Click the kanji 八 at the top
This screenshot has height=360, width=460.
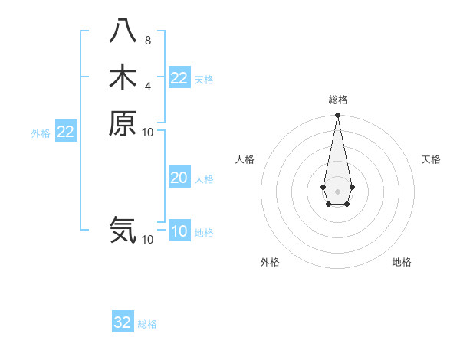pyautogui.click(x=122, y=31)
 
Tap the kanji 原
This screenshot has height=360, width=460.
pyautogui.click(x=122, y=123)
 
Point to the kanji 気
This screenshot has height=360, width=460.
pyautogui.click(x=122, y=230)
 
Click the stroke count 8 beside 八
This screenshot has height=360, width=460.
pyautogui.click(x=147, y=41)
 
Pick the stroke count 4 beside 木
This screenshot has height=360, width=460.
pyautogui.click(x=147, y=86)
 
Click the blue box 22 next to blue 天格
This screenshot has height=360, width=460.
pyautogui.click(x=179, y=78)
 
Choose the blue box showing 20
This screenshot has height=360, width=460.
pyautogui.click(x=179, y=178)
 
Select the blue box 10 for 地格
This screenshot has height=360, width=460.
pyautogui.click(x=179, y=231)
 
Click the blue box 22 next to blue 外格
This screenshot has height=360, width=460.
pyautogui.click(x=66, y=132)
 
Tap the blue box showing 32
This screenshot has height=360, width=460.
pyautogui.click(x=123, y=322)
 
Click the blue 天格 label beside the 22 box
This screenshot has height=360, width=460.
pyautogui.click(x=204, y=80)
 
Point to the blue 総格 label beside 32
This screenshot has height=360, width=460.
pyautogui.click(x=147, y=324)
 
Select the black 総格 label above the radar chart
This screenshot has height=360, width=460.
pyautogui.click(x=337, y=100)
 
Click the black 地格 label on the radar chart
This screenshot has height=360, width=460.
pyautogui.click(x=402, y=262)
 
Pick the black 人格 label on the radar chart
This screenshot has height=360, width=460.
pyautogui.click(x=245, y=159)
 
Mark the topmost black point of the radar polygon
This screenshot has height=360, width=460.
pyautogui.click(x=337, y=116)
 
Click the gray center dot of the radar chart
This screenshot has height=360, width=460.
pyautogui.click(x=337, y=191)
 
